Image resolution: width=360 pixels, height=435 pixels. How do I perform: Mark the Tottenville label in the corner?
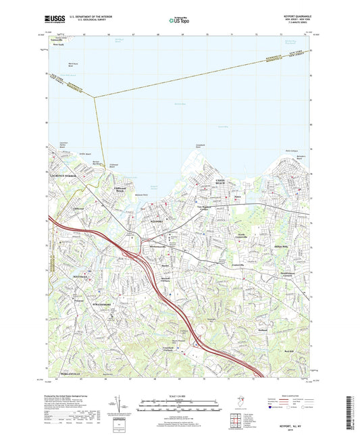pyautogui.click(x=63, y=39)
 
